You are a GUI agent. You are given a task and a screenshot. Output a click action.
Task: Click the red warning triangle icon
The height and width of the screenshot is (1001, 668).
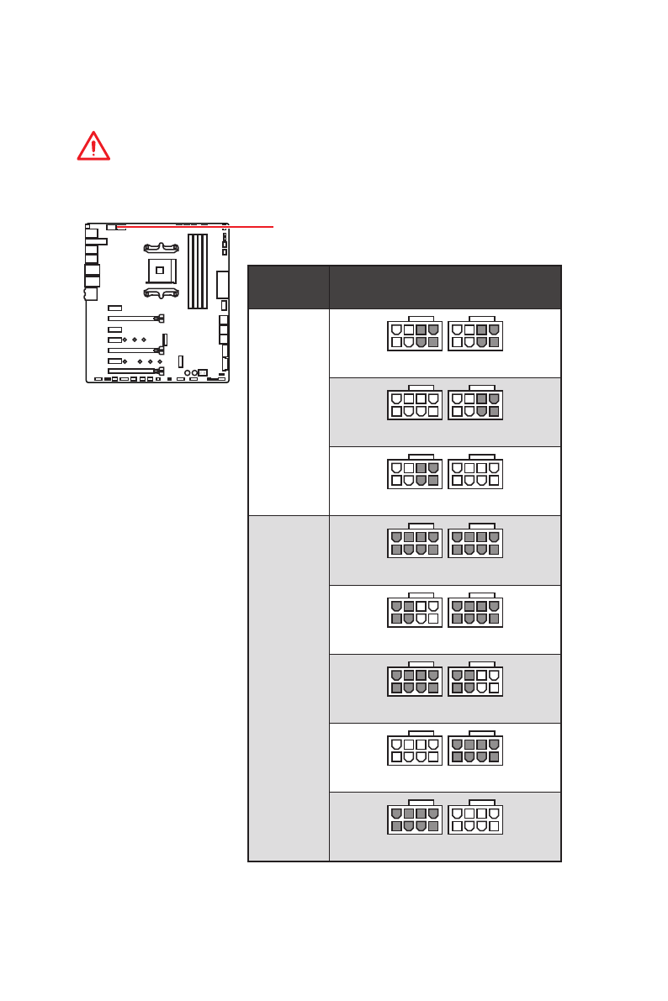(x=93, y=146)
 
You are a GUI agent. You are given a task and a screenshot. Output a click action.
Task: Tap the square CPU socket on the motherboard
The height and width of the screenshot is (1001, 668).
(x=160, y=271)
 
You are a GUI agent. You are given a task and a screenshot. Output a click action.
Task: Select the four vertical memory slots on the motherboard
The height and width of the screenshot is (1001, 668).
(x=198, y=271)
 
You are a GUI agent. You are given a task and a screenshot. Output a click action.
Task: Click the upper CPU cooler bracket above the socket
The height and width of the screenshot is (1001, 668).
(x=160, y=248)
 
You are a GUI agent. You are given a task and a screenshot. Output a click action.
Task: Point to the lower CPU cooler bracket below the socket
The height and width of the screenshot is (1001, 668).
(x=160, y=293)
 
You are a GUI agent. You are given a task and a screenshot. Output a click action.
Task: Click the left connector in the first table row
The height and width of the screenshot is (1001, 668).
(x=415, y=335)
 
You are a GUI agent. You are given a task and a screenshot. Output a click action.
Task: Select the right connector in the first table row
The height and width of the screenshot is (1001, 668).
(x=475, y=335)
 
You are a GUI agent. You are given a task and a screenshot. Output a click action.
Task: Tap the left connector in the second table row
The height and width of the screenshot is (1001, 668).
(x=415, y=403)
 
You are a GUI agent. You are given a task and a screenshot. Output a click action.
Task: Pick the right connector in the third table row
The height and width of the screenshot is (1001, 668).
(x=475, y=472)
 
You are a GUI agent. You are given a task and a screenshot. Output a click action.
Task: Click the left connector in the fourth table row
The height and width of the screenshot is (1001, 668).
(x=415, y=541)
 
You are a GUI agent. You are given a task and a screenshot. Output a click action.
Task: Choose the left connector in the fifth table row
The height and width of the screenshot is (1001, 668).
(x=415, y=611)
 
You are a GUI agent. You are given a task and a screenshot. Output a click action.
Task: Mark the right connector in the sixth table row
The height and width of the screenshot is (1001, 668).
(x=475, y=680)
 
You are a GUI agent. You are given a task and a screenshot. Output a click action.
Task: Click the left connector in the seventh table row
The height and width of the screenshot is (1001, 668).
(x=415, y=749)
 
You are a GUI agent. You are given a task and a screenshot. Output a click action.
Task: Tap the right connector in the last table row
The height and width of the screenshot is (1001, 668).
(x=475, y=818)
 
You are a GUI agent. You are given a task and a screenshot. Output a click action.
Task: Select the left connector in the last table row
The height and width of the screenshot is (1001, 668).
(x=415, y=818)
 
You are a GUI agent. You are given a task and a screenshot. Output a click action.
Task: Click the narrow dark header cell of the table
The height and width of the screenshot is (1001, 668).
(x=289, y=287)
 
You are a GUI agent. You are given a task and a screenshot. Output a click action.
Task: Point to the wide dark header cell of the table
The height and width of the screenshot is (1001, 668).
(x=445, y=287)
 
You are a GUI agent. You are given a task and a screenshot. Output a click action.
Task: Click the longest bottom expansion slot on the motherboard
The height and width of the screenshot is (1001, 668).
(x=133, y=371)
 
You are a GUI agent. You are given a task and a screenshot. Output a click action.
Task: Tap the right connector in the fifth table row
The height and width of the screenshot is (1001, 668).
(x=475, y=611)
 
